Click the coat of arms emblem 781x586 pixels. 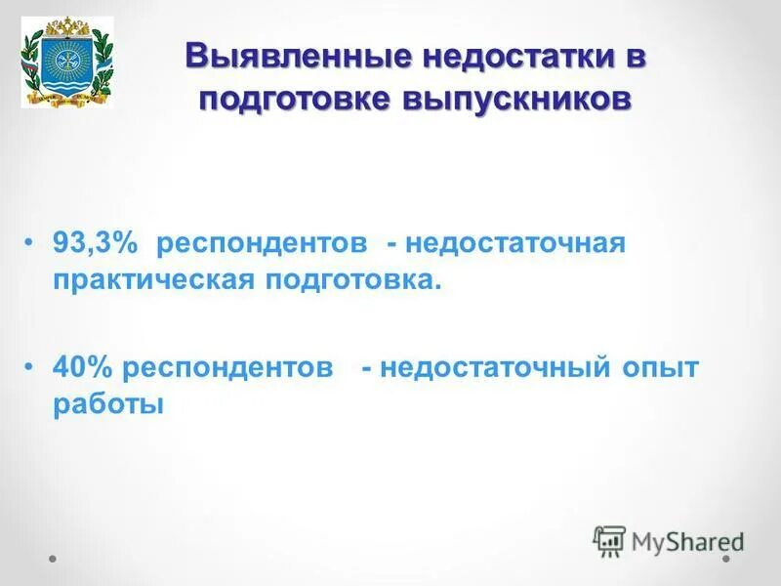tap(67, 62)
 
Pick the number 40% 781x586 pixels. tap(84, 368)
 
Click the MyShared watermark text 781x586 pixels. tap(687, 540)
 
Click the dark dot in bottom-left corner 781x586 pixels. tap(54, 560)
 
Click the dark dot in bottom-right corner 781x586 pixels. tap(726, 560)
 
